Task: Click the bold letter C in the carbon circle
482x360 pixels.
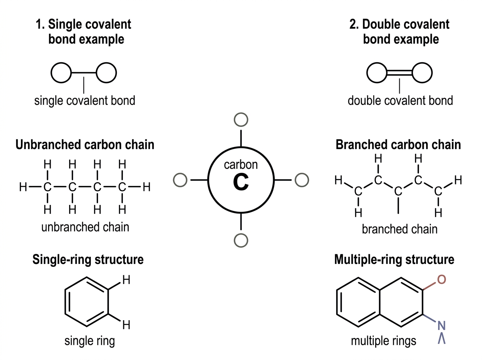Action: [x=241, y=182]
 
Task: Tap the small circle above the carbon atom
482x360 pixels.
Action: [x=241, y=120]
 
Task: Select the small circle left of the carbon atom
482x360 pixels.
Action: [x=180, y=180]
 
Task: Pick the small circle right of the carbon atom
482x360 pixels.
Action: [x=302, y=180]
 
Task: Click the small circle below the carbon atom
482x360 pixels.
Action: [x=241, y=241]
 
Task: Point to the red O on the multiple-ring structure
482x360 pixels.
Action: [x=441, y=279]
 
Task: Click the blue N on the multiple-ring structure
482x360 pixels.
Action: [x=441, y=325]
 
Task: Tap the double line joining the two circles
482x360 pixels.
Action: [x=399, y=73]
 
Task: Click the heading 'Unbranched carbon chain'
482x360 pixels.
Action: [x=85, y=145]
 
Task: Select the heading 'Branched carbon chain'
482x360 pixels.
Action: [x=398, y=145]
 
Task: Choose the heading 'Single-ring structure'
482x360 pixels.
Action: [x=88, y=260]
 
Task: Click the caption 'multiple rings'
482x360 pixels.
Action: [x=384, y=341]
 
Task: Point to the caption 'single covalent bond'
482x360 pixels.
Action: [x=84, y=100]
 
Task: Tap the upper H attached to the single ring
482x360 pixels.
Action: [x=126, y=280]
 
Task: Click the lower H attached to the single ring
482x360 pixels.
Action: [x=126, y=325]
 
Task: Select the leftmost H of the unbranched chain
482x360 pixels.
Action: [x=23, y=187]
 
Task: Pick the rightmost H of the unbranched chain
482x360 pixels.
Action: [x=147, y=187]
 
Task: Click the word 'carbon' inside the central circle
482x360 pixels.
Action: [x=241, y=165]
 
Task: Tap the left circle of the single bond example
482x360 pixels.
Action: [x=61, y=73]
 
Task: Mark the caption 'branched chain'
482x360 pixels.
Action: [x=400, y=229]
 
